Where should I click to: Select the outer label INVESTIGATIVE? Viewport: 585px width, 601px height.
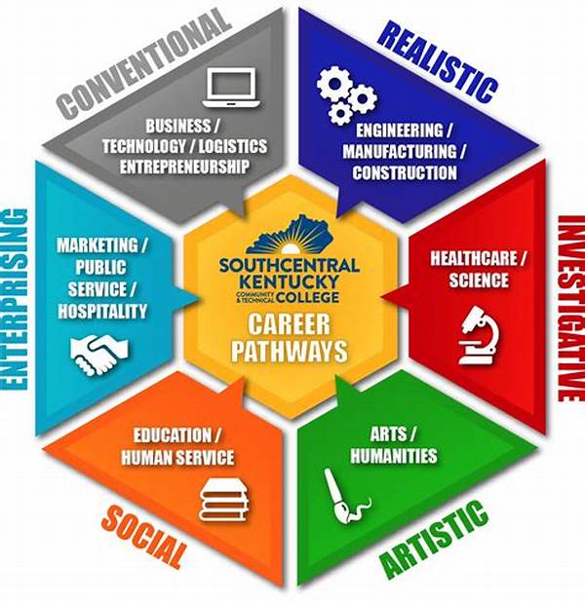[x=565, y=303]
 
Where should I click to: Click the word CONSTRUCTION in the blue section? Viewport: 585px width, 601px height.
[x=406, y=173]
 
